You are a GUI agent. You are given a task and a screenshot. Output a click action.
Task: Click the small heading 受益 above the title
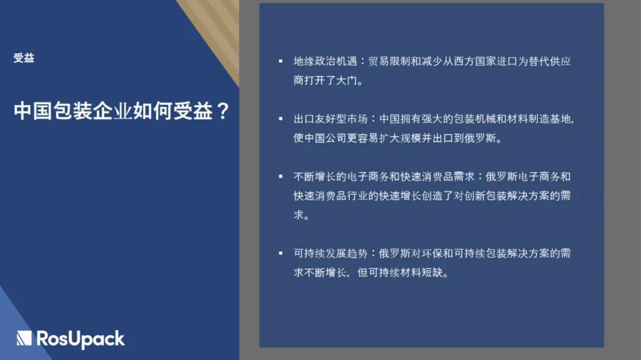24,58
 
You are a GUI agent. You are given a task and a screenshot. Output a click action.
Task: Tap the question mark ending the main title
223,111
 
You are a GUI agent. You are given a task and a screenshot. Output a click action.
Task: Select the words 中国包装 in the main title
53,111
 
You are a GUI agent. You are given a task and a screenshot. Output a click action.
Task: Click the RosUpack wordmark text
81,339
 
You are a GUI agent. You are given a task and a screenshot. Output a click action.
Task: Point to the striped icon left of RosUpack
24,338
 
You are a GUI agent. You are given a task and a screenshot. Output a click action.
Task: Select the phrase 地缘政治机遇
325,61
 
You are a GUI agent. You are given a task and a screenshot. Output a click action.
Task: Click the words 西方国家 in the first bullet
475,61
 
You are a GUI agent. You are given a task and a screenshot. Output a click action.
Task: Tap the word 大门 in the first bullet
347,81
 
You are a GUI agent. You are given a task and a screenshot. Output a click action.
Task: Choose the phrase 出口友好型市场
331,119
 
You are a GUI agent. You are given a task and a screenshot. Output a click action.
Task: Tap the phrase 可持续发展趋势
331,253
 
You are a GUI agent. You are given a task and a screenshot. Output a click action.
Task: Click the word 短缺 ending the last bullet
432,273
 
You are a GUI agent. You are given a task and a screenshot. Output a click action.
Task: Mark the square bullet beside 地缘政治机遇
281,61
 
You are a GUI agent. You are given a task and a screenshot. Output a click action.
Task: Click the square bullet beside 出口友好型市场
281,119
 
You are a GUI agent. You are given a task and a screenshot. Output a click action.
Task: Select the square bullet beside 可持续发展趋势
281,253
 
